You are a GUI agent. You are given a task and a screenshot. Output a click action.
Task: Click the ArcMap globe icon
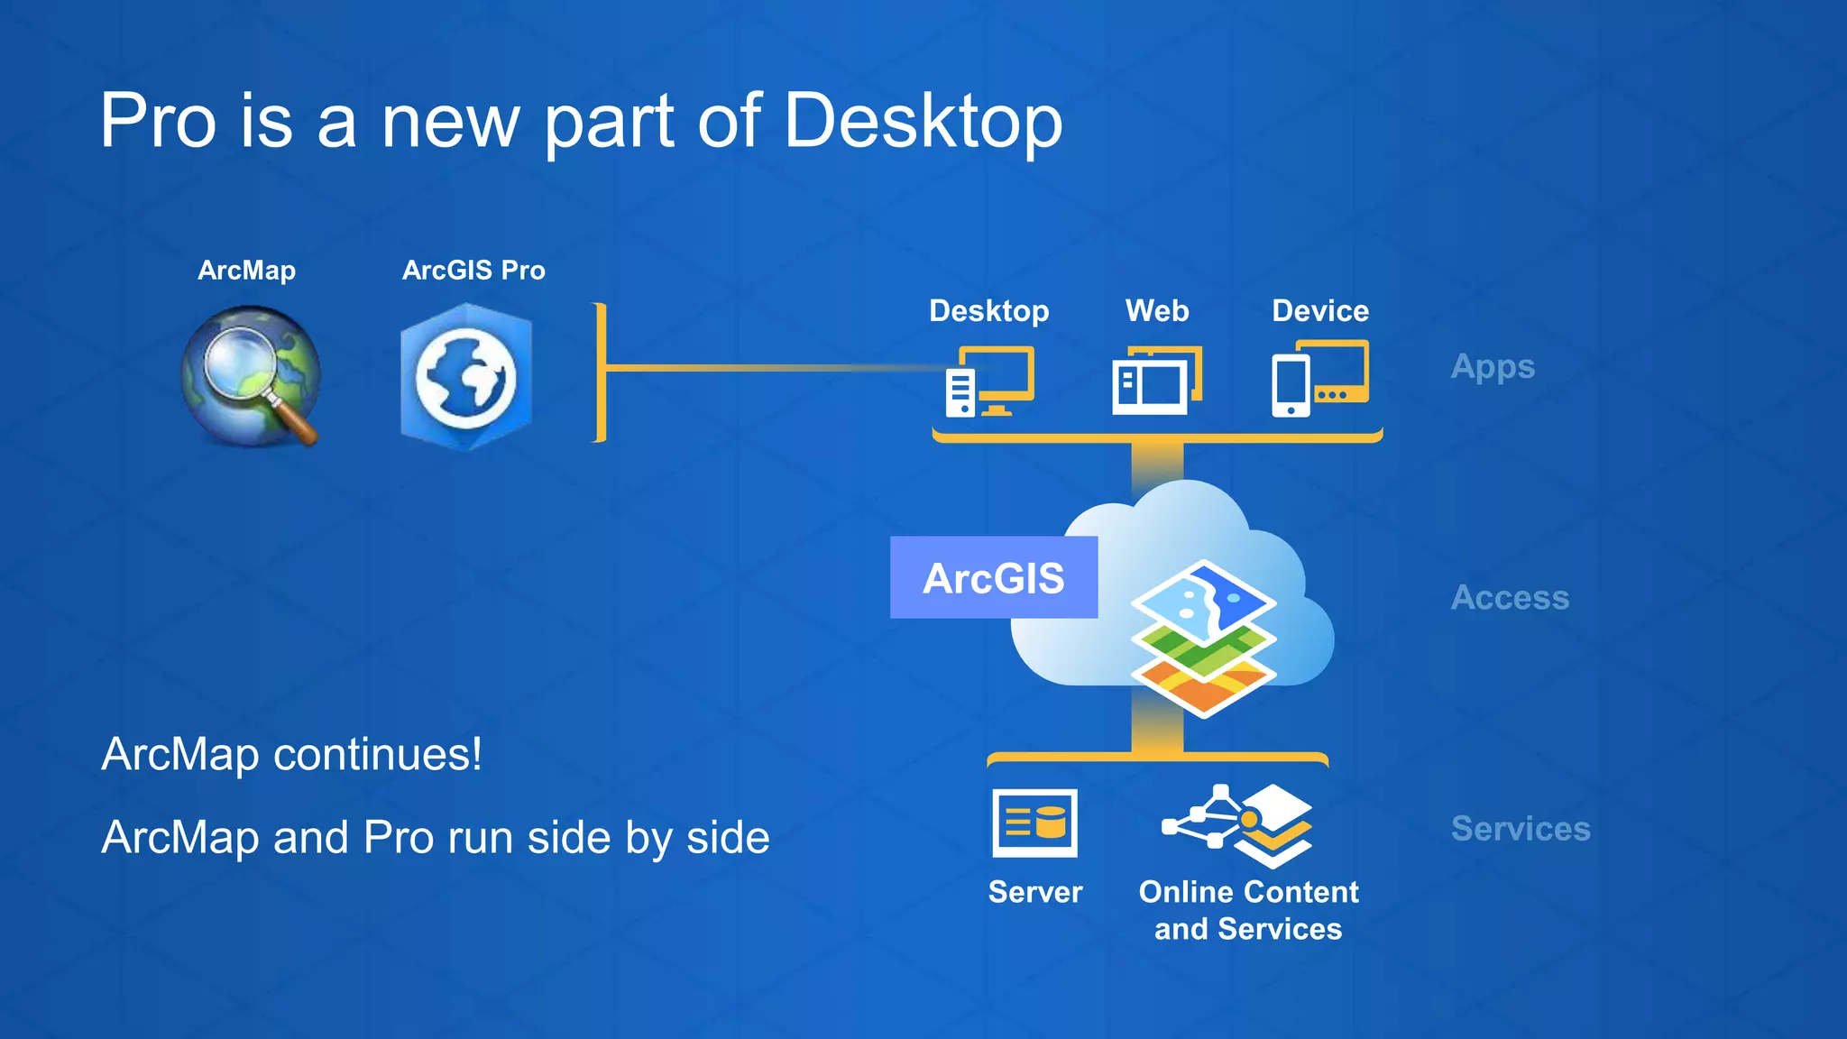point(250,375)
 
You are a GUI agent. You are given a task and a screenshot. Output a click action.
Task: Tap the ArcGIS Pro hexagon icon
point(466,377)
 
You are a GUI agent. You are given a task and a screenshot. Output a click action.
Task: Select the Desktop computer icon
point(989,381)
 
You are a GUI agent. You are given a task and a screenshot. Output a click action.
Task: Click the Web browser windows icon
point(1157,381)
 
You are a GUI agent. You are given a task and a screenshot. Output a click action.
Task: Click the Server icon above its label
point(1034,823)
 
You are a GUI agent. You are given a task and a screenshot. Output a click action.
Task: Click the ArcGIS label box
point(993,578)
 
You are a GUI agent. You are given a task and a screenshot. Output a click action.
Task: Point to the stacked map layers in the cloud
point(1203,638)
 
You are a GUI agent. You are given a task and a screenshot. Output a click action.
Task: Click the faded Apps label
point(1493,367)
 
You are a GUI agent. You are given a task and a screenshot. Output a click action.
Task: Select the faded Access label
point(1510,598)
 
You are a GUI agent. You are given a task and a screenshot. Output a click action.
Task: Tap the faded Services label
point(1521,829)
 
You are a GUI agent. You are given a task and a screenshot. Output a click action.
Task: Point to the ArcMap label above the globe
point(246,271)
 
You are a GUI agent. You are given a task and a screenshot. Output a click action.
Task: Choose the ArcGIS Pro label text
point(473,271)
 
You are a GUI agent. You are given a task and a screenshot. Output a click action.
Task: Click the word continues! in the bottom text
point(378,754)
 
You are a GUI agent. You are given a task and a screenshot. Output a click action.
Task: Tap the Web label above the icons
point(1157,311)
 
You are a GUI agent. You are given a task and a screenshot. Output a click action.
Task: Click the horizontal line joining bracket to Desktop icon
point(767,367)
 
